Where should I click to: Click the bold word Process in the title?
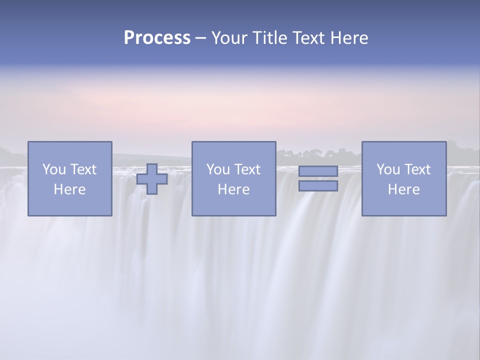pos(157,38)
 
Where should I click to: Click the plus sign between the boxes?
pos(152,179)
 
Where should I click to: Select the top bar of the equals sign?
pos(318,171)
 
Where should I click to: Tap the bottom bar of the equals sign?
pos(318,186)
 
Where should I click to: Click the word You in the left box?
pos(54,169)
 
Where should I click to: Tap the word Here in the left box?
pos(69,189)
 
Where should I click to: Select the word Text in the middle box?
pos(248,169)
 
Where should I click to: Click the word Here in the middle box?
pos(233,189)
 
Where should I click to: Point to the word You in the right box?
pos(388,169)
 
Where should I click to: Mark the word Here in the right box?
pos(403,189)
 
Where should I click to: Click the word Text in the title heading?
pos(308,38)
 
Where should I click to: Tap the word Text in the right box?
pos(418,169)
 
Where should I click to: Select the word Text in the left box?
pos(84,169)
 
